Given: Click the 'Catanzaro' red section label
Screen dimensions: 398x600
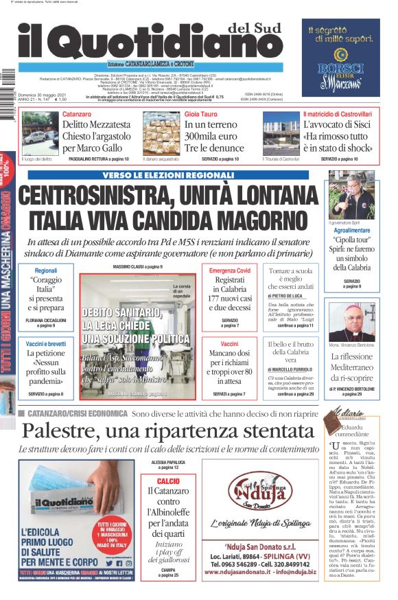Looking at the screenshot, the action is coord(76,114).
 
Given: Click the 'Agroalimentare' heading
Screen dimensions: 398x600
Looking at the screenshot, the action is coord(351,231).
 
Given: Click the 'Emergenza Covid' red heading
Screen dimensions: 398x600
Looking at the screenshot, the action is coord(230,270).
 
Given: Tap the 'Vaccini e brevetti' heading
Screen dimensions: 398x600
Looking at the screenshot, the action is coord(46,343).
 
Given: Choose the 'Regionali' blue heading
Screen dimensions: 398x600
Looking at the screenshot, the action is coord(46,270).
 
